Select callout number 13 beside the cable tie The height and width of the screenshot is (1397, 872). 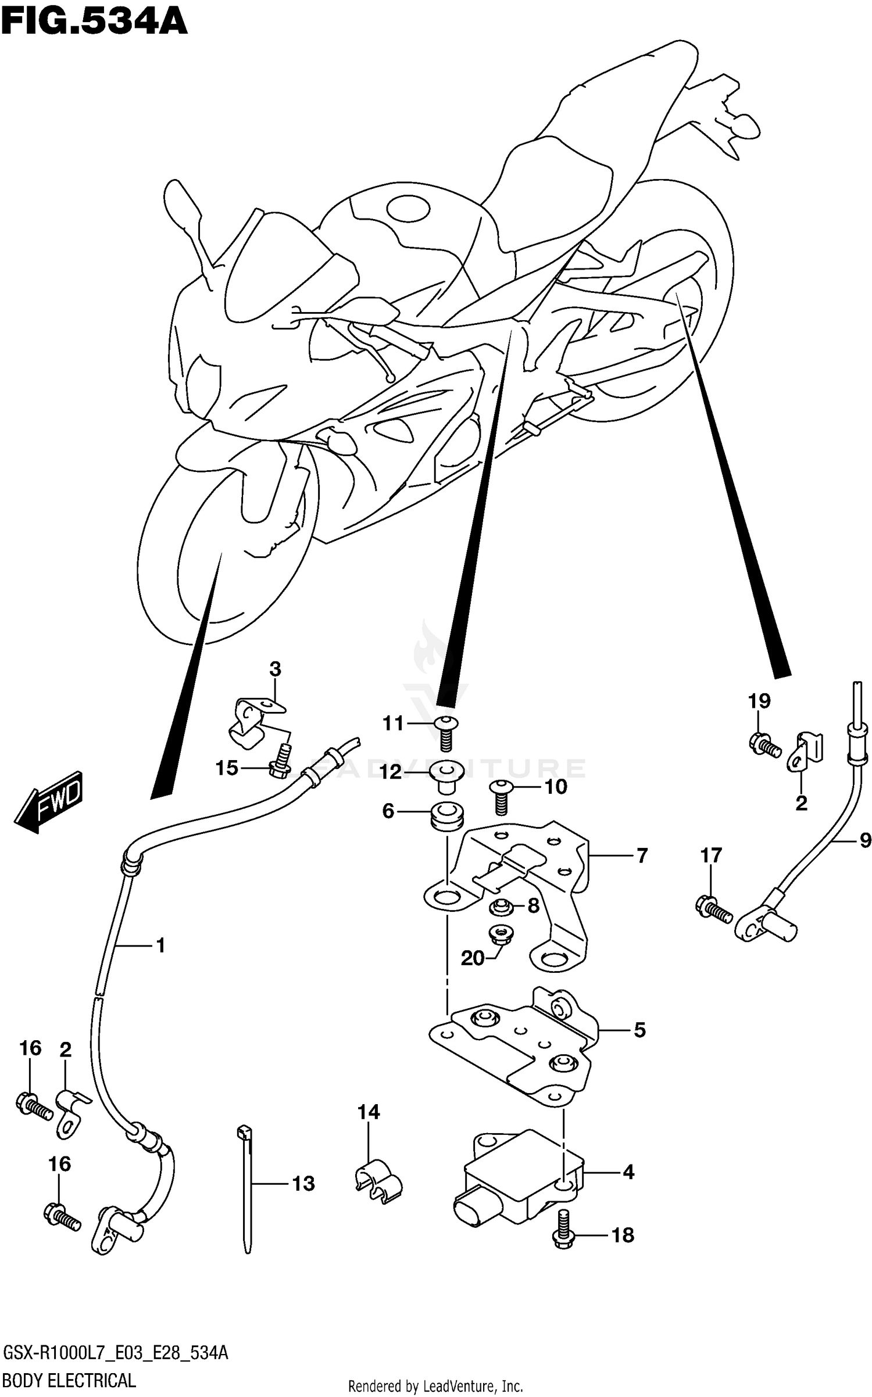click(303, 1183)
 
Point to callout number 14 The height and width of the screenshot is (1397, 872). click(369, 1112)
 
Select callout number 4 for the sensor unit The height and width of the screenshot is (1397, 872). click(628, 1172)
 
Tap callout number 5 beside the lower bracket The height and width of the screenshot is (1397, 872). click(639, 1030)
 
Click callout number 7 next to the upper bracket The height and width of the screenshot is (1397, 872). click(642, 856)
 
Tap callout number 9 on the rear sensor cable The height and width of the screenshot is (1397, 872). click(865, 840)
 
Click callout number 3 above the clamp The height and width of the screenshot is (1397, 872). click(275, 669)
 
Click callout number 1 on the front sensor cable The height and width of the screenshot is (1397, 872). click(161, 945)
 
